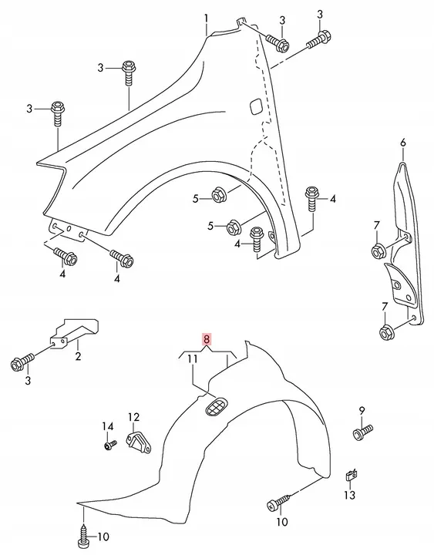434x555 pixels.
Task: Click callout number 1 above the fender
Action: pyautogui.click(x=206, y=17)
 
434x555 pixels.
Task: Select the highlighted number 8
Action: pyautogui.click(x=205, y=337)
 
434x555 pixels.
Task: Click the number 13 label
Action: pyautogui.click(x=349, y=475)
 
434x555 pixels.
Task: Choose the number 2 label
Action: pyautogui.click(x=78, y=357)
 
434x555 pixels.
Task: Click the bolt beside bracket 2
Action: pyautogui.click(x=21, y=362)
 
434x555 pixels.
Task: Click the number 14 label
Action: pyautogui.click(x=108, y=426)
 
